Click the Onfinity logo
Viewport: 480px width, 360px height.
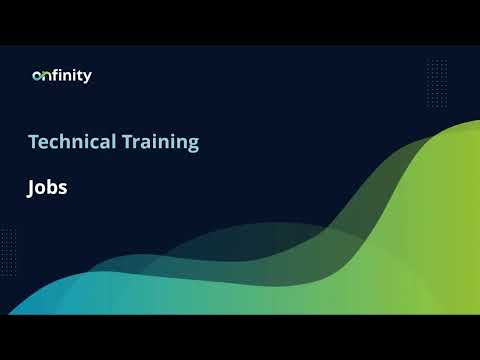point(62,75)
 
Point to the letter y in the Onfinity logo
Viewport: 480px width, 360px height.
point(88,77)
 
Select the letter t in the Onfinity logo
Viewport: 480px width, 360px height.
point(81,75)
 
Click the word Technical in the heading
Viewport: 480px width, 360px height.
point(72,142)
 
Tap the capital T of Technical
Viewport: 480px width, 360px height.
point(33,142)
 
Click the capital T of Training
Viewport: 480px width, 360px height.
point(126,142)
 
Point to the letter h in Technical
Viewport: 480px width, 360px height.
point(60,142)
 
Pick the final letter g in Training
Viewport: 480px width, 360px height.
point(193,145)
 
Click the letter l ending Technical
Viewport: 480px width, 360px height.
point(113,142)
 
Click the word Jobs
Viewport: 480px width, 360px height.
point(47,187)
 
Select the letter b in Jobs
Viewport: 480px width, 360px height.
point(52,187)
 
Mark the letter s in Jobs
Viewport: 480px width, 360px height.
point(62,188)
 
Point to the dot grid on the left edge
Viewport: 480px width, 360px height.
point(8,245)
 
